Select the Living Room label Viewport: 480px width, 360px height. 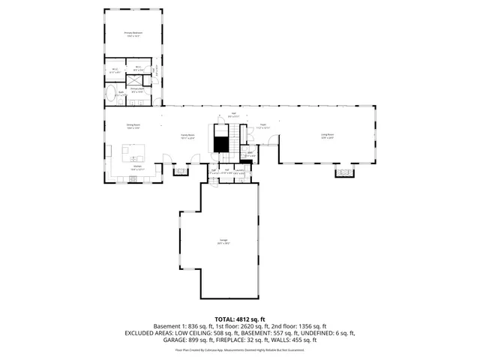coord(328,136)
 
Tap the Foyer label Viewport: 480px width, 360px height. coord(263,127)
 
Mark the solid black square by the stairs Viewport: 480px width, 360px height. coord(221,145)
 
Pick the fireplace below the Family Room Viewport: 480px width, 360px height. coord(181,172)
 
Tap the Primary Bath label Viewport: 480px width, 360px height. coord(136,90)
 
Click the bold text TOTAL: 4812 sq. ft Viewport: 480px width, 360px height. coord(240,319)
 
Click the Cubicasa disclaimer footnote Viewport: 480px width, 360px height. coord(240,349)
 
